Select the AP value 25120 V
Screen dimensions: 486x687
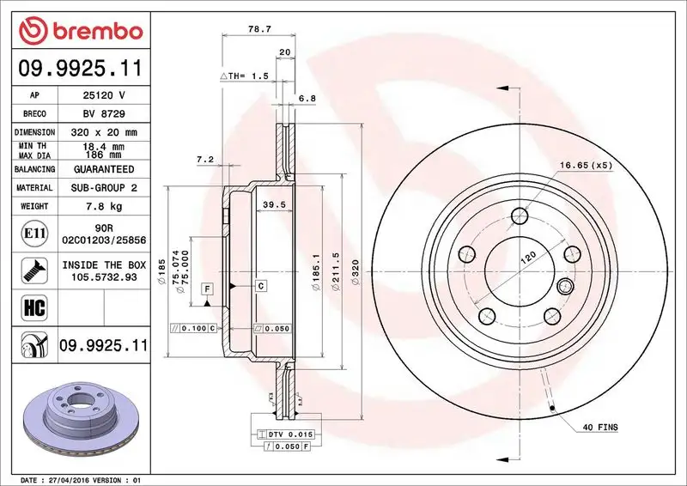tap(102, 95)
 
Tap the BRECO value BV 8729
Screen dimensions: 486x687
tap(102, 113)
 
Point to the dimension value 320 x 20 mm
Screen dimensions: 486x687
tap(102, 132)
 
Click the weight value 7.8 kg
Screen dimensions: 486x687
tap(102, 206)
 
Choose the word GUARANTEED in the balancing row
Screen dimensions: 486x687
tap(102, 169)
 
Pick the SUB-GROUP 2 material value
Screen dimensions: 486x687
tap(102, 187)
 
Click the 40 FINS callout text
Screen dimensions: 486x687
tap(600, 427)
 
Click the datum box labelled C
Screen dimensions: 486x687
tap(259, 285)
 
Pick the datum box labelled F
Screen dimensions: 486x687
tap(207, 289)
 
